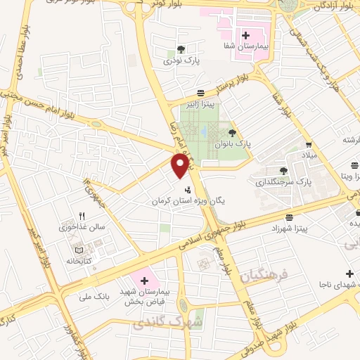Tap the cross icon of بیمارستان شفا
click(246, 34)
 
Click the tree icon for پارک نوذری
click(181, 50)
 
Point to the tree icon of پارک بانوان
click(232, 131)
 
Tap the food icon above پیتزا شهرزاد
click(290, 218)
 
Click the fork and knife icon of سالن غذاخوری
click(82, 217)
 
